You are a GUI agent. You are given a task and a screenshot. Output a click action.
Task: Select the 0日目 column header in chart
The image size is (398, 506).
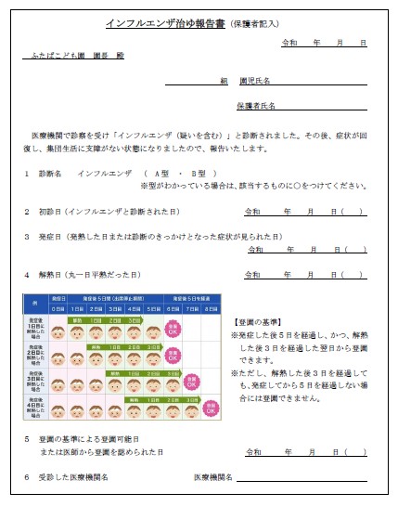pyautogui.click(x=58, y=308)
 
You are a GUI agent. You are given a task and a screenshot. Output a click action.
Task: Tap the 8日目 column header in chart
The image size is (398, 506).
pyautogui.click(x=213, y=308)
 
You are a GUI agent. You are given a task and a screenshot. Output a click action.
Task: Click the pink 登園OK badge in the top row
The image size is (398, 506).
pyautogui.click(x=172, y=330)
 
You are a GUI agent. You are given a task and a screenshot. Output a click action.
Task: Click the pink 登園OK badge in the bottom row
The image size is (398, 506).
pyautogui.click(x=212, y=407)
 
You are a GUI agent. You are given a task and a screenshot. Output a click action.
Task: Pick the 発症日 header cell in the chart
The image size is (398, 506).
pyautogui.click(x=58, y=298)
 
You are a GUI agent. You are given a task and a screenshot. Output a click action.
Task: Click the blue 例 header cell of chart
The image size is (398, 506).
pyautogui.click(x=34, y=303)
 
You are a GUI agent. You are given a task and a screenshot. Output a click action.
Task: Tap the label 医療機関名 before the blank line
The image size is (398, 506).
pyautogui.click(x=213, y=476)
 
